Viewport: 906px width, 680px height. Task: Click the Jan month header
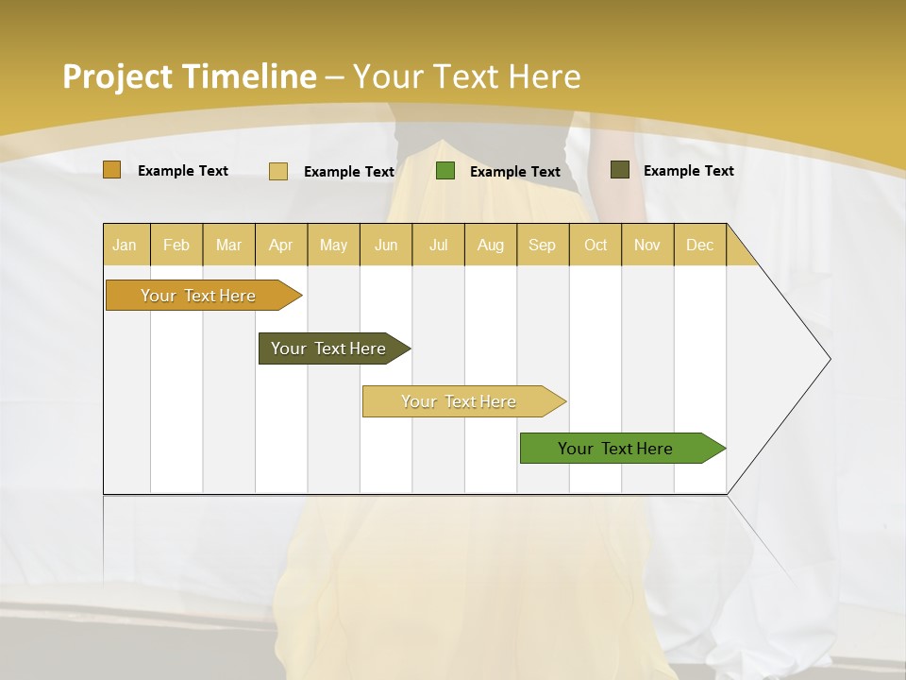125,245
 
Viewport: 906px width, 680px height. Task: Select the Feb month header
176,245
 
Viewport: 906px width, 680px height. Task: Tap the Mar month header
228,245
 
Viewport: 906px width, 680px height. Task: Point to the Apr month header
280,245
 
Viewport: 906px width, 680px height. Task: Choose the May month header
333,245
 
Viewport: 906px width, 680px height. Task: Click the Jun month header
386,245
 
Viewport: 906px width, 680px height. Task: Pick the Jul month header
438,245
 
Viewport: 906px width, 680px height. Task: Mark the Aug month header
491,245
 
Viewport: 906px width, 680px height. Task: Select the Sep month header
542,245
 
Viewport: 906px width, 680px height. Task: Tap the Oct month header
596,245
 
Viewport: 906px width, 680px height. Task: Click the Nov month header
647,245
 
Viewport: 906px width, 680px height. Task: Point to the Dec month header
699,245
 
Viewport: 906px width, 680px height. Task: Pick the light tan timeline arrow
460,401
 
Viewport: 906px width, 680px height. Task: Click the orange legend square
112,170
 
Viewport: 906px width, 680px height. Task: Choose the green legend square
445,171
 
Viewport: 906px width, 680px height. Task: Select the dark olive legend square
620,170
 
